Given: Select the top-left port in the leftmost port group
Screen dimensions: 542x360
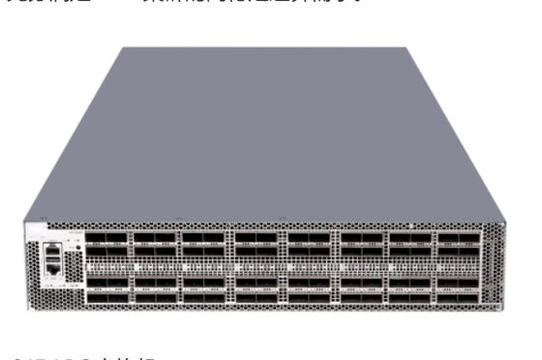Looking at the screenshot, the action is click(95, 238).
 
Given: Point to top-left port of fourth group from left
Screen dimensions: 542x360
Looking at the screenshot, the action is click(246, 238).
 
